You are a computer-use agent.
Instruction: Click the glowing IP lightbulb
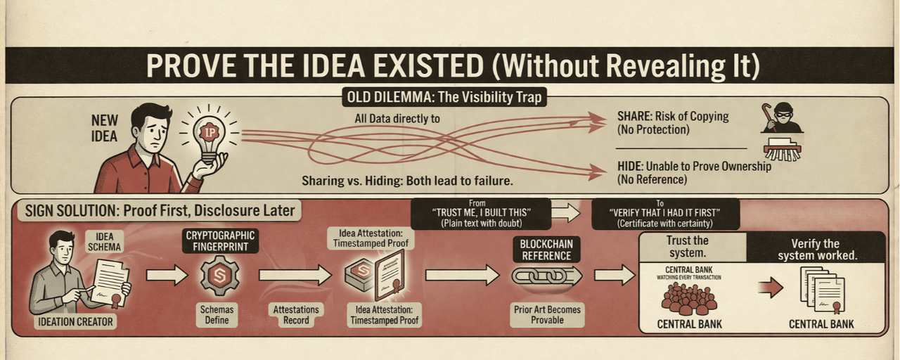[x=209, y=134]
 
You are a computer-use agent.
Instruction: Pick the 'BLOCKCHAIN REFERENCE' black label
[x=547, y=248]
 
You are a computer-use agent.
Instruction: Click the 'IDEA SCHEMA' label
[x=103, y=242]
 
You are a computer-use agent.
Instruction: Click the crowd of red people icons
[x=689, y=300]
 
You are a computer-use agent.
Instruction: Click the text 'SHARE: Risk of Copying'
[x=672, y=117]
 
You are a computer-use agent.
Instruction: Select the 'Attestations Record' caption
[x=296, y=314]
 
